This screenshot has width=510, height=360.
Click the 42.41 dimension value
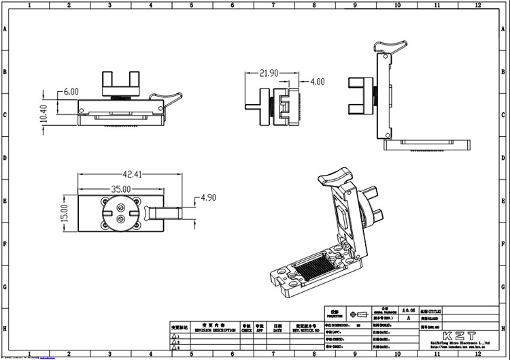click(x=132, y=175)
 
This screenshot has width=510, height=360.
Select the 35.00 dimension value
click(x=120, y=189)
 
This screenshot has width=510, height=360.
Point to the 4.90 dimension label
click(x=207, y=198)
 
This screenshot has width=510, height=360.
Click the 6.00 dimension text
click(x=71, y=91)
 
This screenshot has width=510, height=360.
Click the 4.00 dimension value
click(x=318, y=82)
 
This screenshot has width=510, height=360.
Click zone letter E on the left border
click(x=5, y=201)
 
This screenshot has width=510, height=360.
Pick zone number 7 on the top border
click(x=273, y=5)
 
